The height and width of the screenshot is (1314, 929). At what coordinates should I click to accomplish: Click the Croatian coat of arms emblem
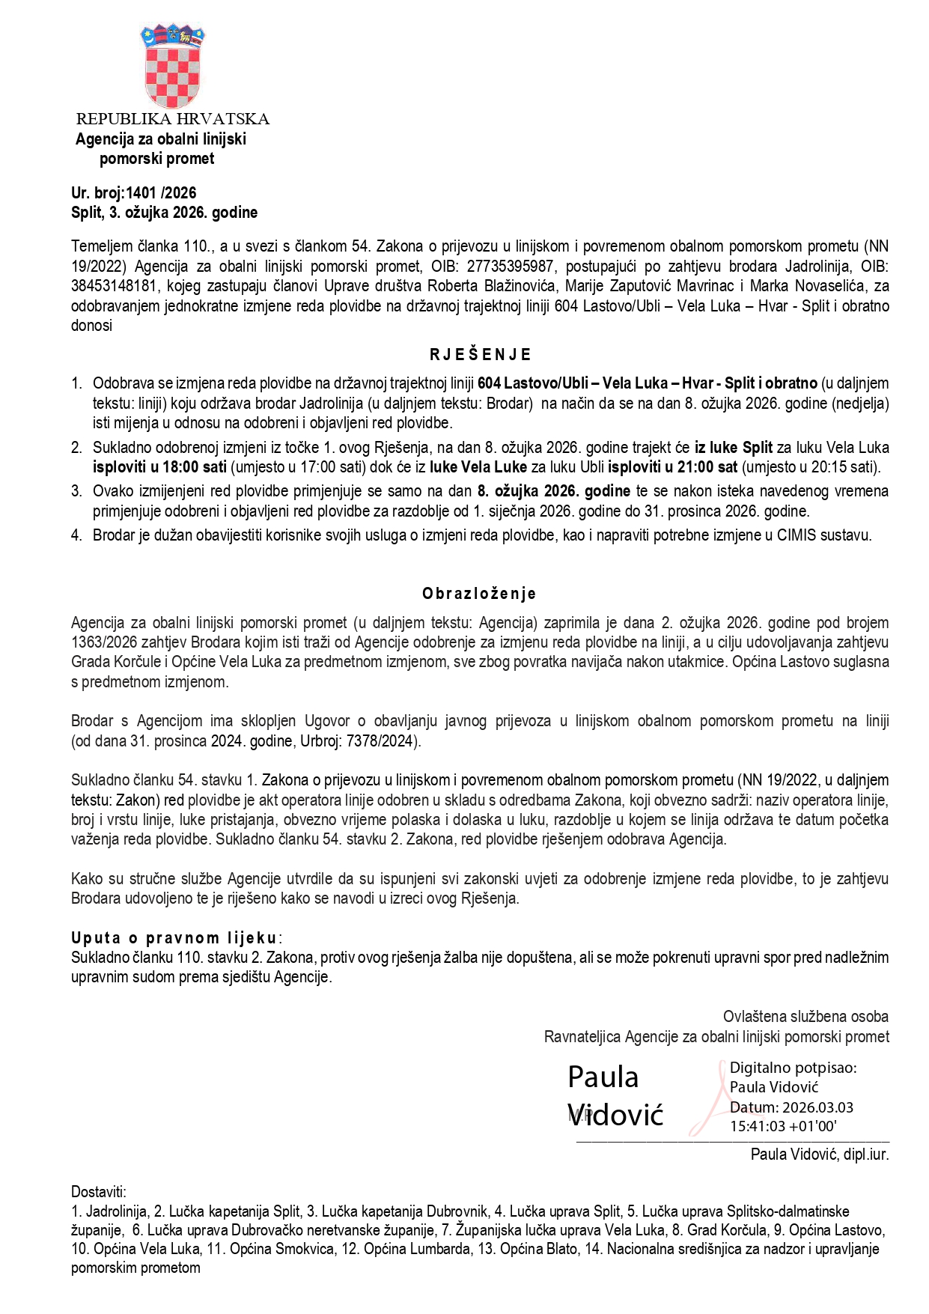click(173, 67)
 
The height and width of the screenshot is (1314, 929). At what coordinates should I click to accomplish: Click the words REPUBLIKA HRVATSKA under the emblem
click(172, 119)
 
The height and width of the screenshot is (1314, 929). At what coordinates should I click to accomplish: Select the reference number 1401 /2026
click(161, 193)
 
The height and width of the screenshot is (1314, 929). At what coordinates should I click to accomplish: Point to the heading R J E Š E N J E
click(480, 355)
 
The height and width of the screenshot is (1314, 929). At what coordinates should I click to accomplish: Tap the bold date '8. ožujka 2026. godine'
click(553, 492)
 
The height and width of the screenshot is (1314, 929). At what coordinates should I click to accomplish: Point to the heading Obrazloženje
click(479, 594)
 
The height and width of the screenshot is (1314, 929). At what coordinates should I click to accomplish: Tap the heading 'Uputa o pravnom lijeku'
click(174, 938)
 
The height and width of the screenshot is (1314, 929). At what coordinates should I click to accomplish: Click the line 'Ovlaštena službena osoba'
click(805, 1017)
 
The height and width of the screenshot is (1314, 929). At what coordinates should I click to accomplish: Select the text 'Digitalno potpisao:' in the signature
click(793, 1068)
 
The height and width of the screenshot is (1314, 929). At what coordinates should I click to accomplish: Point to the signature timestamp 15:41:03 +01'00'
click(783, 1126)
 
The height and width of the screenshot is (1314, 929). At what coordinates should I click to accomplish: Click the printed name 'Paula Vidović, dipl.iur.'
click(820, 1155)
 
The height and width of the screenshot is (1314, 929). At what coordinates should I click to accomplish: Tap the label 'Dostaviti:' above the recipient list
click(99, 1192)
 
